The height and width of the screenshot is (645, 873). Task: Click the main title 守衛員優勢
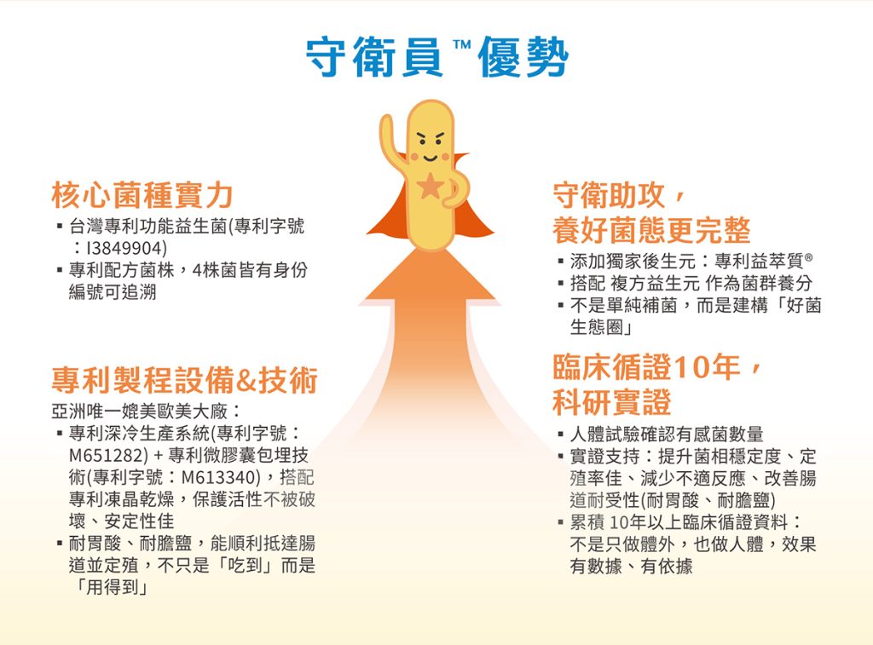[437, 56]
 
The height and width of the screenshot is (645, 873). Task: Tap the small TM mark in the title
[462, 44]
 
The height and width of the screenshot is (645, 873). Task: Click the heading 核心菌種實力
[142, 195]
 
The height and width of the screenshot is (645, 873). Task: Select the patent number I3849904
[124, 248]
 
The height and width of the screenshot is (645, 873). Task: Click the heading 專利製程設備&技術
[184, 381]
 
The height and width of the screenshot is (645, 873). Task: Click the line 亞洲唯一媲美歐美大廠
[139, 412]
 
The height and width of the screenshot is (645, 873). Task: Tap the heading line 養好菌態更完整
[651, 230]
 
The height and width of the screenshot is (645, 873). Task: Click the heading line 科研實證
[612, 402]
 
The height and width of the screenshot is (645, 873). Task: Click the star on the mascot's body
[431, 186]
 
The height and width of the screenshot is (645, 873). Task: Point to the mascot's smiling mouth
[431, 158]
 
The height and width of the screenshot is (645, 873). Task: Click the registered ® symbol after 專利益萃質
[808, 257]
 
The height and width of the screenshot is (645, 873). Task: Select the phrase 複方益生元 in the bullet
[655, 283]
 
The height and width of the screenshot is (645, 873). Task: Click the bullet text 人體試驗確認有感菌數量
[667, 434]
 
